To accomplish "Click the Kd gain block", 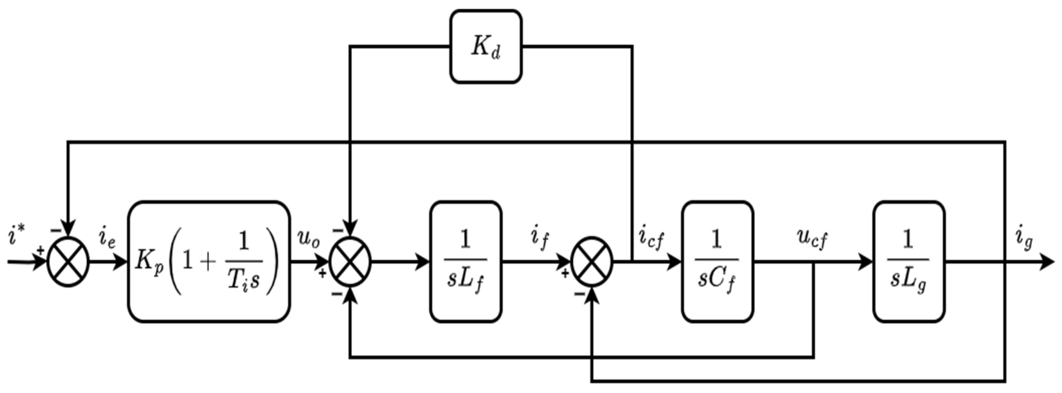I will pos(486,47).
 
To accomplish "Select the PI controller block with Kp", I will pos(209,261).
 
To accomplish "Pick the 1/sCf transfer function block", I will pos(717,261).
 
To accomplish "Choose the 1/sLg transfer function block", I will pos(909,261).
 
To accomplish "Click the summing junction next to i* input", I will pos(68,262).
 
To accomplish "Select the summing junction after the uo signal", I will pos(350,262).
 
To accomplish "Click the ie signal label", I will pos(106,239).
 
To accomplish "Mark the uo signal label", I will pos(309,238).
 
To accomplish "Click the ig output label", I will pos(1024,239).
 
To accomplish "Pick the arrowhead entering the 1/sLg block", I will pos(866,262).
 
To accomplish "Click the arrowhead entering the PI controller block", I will pos(120,262).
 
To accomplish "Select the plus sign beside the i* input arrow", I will pos(40,250).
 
